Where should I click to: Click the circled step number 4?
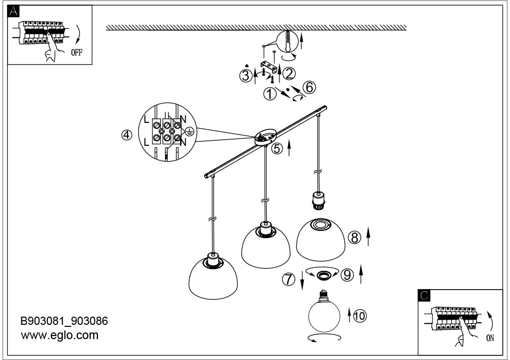[x=127, y=135]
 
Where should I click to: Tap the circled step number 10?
[x=360, y=316]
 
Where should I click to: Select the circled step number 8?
[x=354, y=238]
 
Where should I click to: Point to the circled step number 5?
[x=277, y=148]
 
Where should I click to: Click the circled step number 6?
[x=310, y=87]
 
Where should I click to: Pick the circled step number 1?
[x=269, y=94]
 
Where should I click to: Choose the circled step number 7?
[x=289, y=279]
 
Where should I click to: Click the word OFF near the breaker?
[x=77, y=53]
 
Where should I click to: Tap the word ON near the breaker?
[x=490, y=338]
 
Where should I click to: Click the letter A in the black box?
[x=13, y=11]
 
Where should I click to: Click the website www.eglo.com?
[x=60, y=335]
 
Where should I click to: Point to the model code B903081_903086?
[x=64, y=321]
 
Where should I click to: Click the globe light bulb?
[x=324, y=311]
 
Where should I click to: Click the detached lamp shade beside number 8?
[x=321, y=239]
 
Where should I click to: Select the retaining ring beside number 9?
[x=323, y=275]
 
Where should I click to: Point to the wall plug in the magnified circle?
[x=288, y=40]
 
